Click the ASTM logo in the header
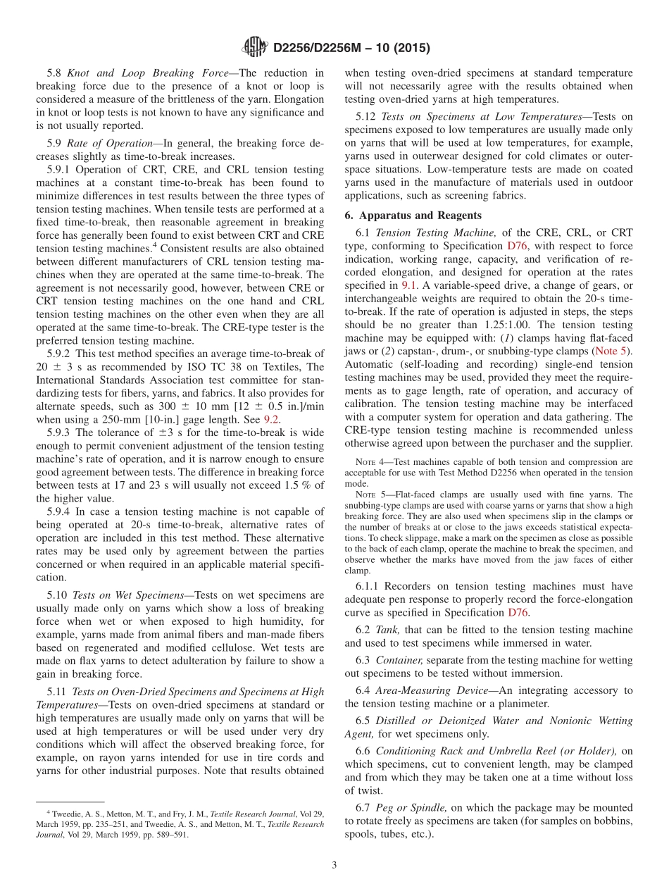254,47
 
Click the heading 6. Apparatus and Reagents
413,216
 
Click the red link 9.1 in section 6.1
408,285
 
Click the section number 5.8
54,73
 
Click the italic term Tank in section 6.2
388,629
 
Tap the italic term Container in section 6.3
398,660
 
